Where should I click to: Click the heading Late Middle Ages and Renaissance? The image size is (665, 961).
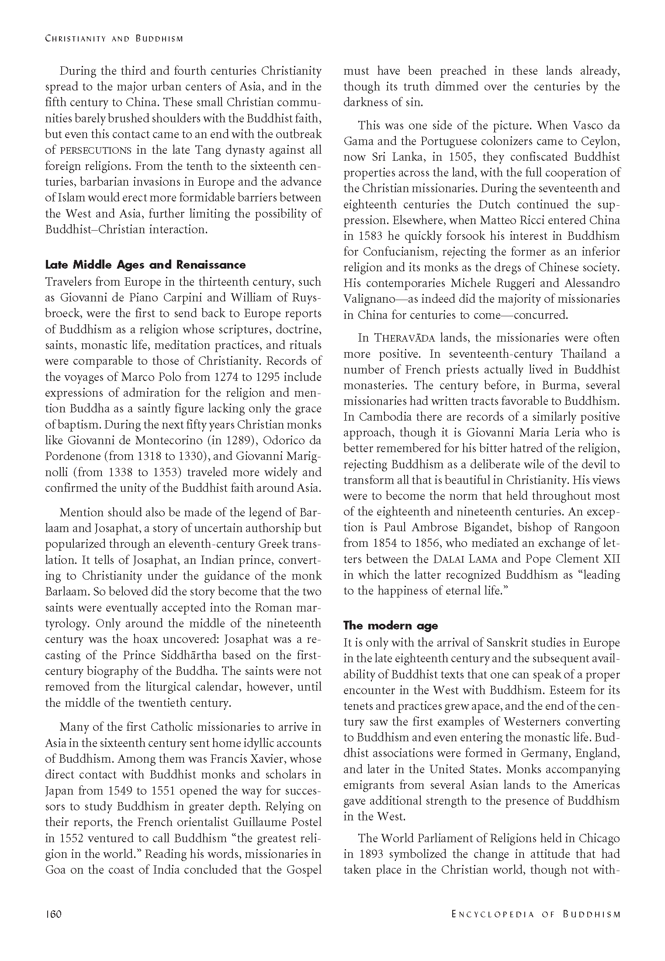[145, 265]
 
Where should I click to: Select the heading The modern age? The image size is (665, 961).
[391, 626]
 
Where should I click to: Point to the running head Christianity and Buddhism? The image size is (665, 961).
[114, 38]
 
